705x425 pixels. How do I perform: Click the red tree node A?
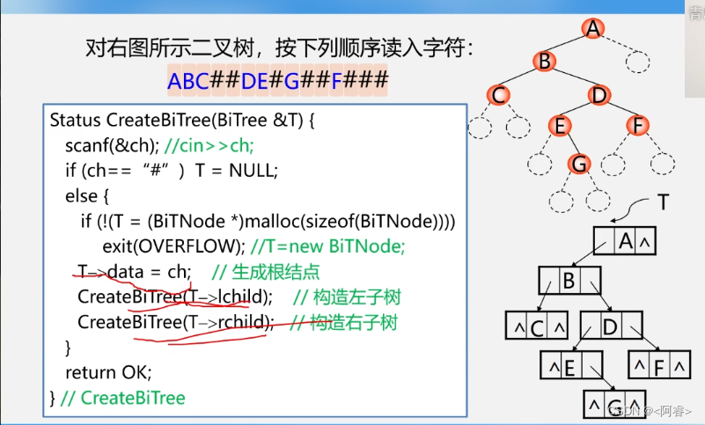tap(593, 28)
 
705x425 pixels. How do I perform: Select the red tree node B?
tap(545, 61)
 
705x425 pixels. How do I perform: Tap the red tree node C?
tap(498, 93)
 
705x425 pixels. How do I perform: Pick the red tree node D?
tap(599, 93)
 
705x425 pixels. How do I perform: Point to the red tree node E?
tap(559, 126)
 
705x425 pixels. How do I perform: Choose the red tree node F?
tap(637, 126)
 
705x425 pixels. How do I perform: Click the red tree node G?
tap(578, 164)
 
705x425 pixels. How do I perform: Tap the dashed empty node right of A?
tap(636, 62)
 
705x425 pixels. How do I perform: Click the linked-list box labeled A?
tap(625, 240)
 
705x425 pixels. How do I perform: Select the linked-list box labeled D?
tap(610, 326)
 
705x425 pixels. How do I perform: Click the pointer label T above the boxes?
tap(665, 203)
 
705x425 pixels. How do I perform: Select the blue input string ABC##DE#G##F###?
tap(277, 82)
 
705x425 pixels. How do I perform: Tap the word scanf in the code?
tap(90, 144)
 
